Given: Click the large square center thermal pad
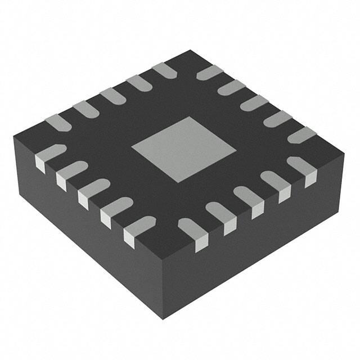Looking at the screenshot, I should [184, 148].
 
